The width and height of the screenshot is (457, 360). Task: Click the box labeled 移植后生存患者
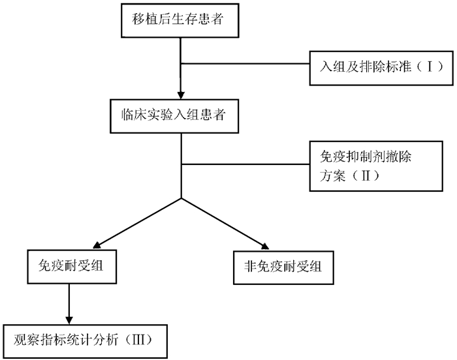[x=180, y=20]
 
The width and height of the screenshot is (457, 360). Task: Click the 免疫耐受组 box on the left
[x=69, y=267]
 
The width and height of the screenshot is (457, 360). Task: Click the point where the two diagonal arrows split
[x=180, y=197]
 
